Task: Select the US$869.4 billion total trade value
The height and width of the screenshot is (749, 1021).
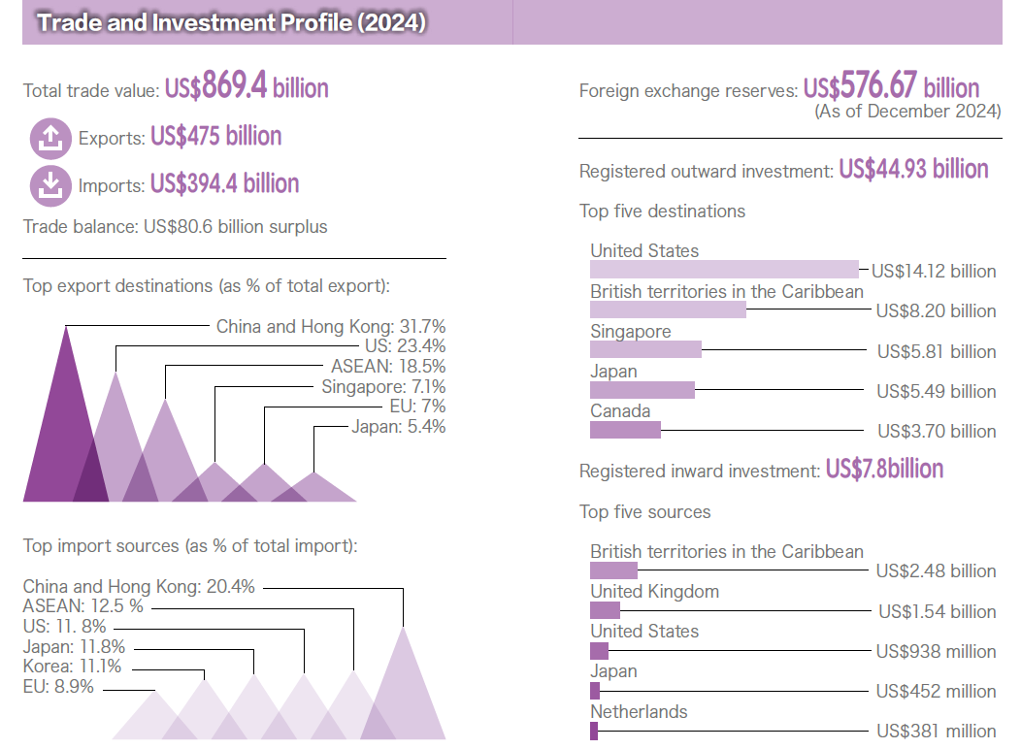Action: tap(247, 88)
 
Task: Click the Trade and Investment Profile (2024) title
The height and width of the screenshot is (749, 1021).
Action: tap(231, 22)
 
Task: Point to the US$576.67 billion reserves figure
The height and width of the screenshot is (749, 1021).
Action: tap(891, 88)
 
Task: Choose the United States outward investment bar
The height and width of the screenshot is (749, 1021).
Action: tap(724, 270)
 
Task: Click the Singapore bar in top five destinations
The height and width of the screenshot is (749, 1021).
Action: tap(645, 349)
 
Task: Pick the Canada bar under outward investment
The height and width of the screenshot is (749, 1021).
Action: tap(625, 429)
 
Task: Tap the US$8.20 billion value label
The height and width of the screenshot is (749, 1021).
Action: tap(936, 310)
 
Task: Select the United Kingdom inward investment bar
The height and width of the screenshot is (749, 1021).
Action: tap(605, 610)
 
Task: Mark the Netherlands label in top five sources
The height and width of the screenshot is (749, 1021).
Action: tap(639, 711)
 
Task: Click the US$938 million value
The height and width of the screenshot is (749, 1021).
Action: tap(936, 651)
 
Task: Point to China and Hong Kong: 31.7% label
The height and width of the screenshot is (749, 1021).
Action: tap(330, 326)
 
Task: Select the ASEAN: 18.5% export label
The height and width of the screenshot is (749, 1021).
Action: tap(387, 366)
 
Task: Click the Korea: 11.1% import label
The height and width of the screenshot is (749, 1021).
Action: tap(72, 667)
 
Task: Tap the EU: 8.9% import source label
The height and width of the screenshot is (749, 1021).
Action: tap(58, 687)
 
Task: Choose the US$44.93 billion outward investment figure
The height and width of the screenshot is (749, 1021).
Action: tap(913, 170)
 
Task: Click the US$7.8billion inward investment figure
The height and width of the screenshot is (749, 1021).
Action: tap(884, 470)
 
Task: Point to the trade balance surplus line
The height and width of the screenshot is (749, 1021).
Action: tap(176, 227)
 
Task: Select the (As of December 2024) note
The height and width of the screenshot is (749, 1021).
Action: tap(906, 112)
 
